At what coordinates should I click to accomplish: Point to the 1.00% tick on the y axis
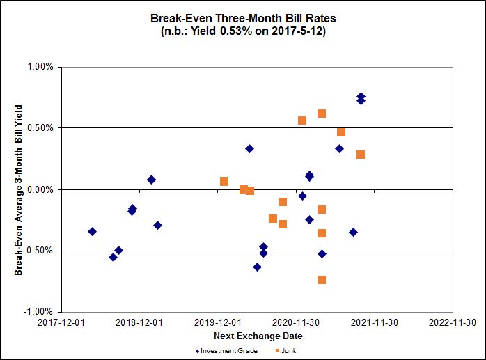(40, 67)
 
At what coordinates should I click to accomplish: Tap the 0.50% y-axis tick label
(40, 128)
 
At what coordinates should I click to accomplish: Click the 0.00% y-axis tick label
(40, 189)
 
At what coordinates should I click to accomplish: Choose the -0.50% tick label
(39, 251)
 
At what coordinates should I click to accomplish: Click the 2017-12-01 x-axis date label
(61, 323)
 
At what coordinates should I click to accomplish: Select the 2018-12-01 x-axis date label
(139, 323)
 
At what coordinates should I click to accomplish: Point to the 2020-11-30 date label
(296, 323)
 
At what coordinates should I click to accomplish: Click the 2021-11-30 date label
(375, 323)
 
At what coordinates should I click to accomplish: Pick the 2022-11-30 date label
(453, 323)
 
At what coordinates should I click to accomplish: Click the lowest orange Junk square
(322, 280)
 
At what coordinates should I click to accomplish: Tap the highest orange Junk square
(322, 114)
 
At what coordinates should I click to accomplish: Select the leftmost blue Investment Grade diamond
(92, 231)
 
